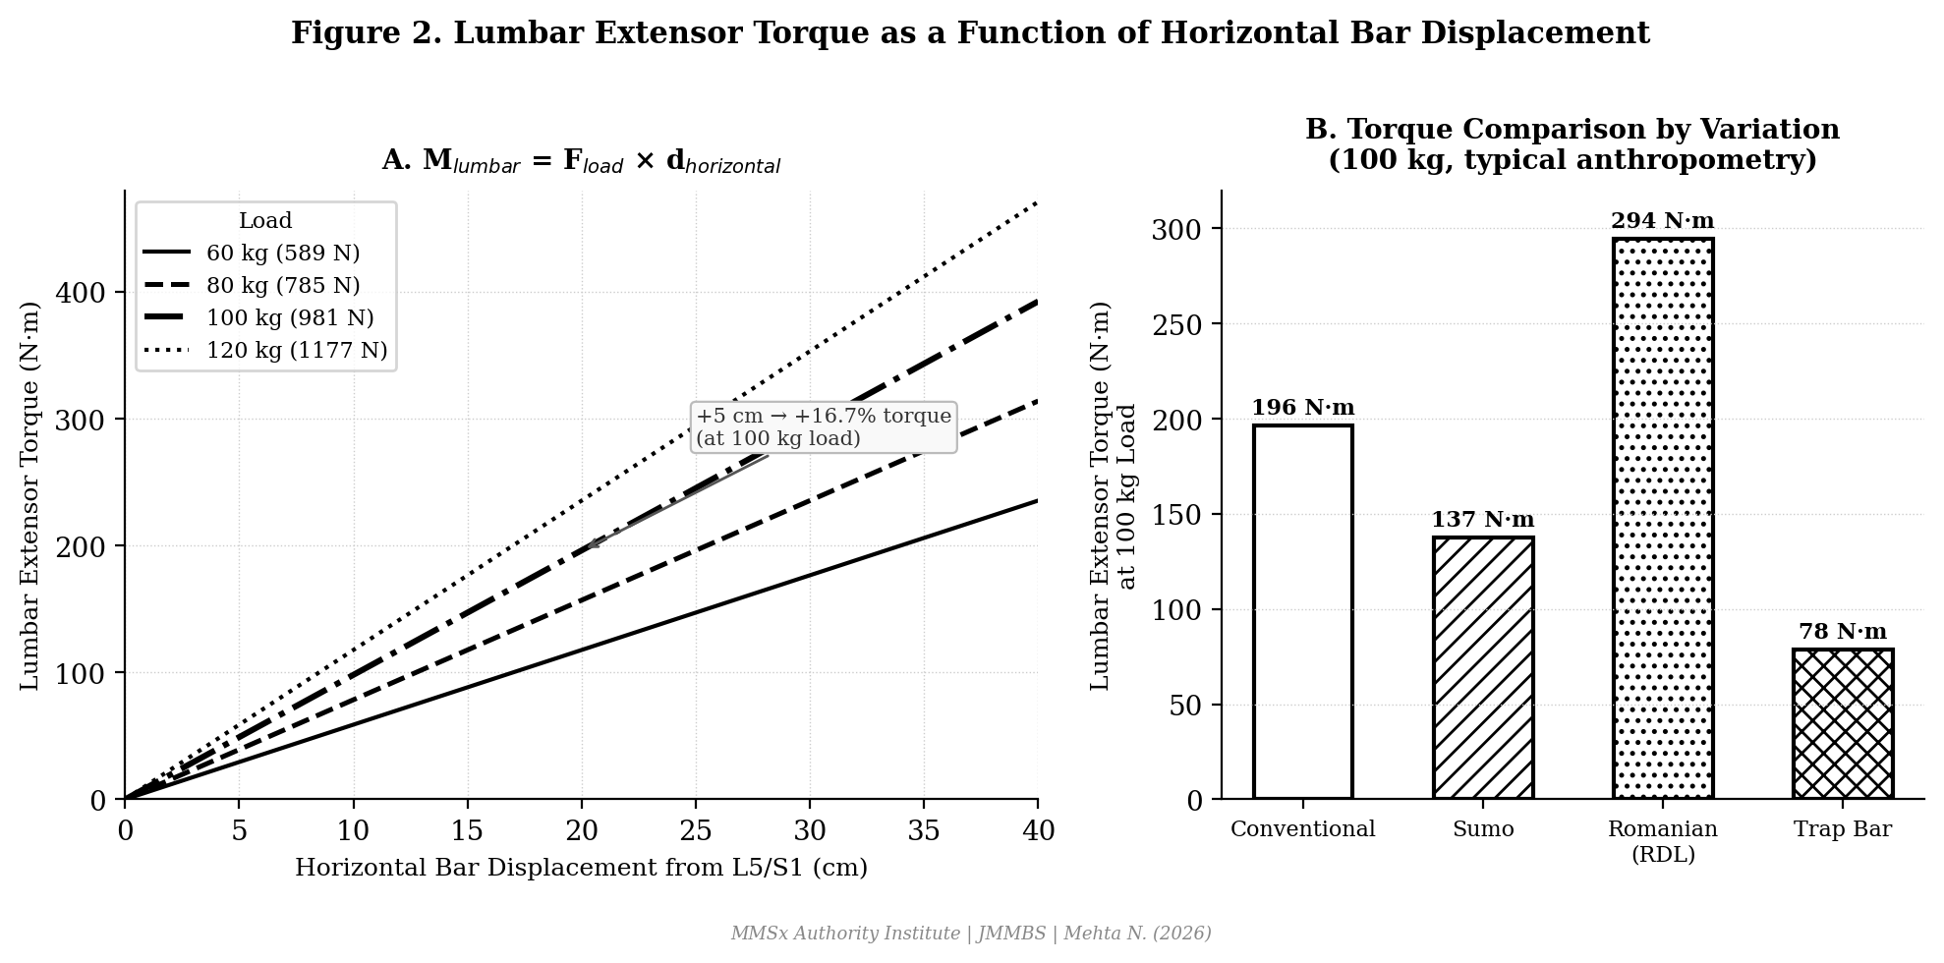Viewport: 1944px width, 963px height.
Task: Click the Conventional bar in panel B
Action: click(x=1302, y=611)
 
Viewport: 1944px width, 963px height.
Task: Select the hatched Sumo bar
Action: click(x=1482, y=668)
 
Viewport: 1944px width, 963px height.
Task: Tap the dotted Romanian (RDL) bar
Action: click(x=1662, y=519)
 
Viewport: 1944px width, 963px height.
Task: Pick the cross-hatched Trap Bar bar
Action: click(x=1842, y=724)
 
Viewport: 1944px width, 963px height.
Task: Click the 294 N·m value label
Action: click(x=1662, y=221)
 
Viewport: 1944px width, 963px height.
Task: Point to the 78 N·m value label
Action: click(x=1842, y=632)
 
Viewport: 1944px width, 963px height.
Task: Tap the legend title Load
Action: click(x=265, y=221)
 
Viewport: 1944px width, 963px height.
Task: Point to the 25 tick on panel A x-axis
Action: click(x=696, y=832)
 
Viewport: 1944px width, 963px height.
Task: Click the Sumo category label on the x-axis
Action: click(x=1482, y=829)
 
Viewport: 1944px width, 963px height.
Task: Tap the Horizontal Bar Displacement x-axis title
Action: click(x=581, y=869)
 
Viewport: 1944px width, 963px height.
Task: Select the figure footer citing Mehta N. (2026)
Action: click(x=971, y=934)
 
